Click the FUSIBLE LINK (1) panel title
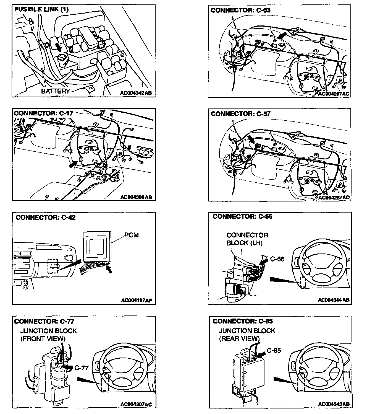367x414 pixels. tap(41, 9)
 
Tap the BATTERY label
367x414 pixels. tap(56, 91)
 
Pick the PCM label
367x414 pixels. tap(131, 235)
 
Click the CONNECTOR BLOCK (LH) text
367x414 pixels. tap(247, 239)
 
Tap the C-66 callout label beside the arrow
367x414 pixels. tap(277, 259)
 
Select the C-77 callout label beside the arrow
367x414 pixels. tap(82, 368)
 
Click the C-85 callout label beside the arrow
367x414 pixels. tap(274, 350)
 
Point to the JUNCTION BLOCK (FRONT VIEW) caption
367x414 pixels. tap(48, 335)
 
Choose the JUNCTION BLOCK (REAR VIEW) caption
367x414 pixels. tap(247, 334)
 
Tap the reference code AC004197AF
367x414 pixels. tap(137, 301)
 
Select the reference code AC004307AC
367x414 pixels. tap(136, 404)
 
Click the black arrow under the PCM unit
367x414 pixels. tap(109, 269)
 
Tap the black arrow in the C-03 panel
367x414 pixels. tap(282, 35)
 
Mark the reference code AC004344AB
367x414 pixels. tap(334, 300)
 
